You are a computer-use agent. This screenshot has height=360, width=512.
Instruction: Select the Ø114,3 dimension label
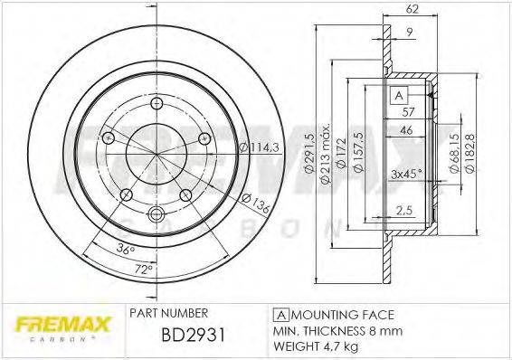tap(258, 148)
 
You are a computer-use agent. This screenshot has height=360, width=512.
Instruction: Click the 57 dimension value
tap(408, 112)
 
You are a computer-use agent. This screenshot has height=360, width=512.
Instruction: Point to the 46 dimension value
tap(408, 131)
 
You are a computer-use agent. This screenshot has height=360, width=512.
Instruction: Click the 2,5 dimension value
tap(404, 211)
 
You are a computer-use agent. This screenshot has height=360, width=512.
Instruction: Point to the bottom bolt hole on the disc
tap(155, 214)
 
